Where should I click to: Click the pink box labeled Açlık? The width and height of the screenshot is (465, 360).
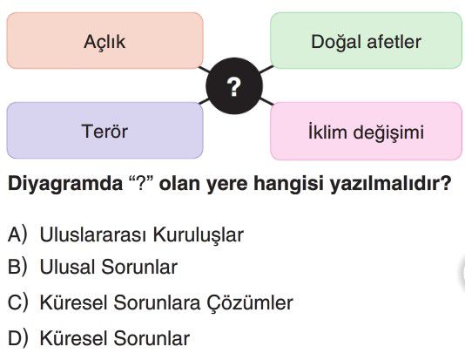(x=104, y=41)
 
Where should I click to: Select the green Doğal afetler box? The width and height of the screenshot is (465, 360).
(x=367, y=41)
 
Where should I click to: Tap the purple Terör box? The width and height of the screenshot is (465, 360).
(x=104, y=131)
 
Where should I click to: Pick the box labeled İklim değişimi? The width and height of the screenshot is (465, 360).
(x=367, y=131)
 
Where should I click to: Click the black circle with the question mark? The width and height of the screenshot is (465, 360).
(x=234, y=86)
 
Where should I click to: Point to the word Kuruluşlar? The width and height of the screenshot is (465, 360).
(x=198, y=235)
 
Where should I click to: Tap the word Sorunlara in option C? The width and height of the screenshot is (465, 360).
(x=157, y=302)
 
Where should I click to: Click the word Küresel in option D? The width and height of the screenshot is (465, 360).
(x=73, y=338)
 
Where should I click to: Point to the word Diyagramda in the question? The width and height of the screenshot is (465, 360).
(x=65, y=184)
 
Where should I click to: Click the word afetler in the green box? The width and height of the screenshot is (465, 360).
(x=394, y=41)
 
